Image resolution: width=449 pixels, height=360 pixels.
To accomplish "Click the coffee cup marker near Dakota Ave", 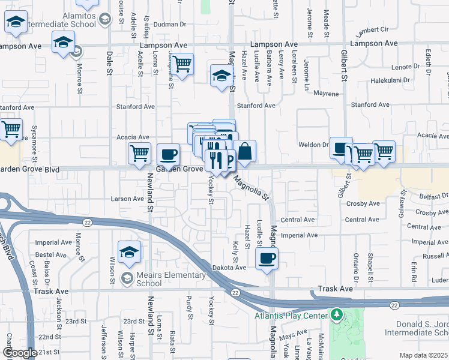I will coord(267,259).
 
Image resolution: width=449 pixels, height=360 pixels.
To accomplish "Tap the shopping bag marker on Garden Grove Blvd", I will coord(245,151).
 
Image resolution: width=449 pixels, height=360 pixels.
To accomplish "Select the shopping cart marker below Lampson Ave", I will coord(182,62).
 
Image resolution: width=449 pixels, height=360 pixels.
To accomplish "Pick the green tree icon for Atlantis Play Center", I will coord(337,315).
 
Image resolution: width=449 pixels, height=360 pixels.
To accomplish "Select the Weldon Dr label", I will coord(316,145).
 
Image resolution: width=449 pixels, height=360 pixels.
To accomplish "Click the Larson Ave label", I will coord(127,199).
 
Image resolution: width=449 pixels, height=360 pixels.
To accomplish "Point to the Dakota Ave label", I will coord(229,268).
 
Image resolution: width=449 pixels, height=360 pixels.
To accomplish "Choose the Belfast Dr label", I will coord(433,196).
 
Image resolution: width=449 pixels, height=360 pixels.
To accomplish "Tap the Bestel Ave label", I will coord(51,255).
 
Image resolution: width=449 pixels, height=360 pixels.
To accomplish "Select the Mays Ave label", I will coord(294,337).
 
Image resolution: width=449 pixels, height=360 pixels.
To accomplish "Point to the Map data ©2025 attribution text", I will coord(424,355).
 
